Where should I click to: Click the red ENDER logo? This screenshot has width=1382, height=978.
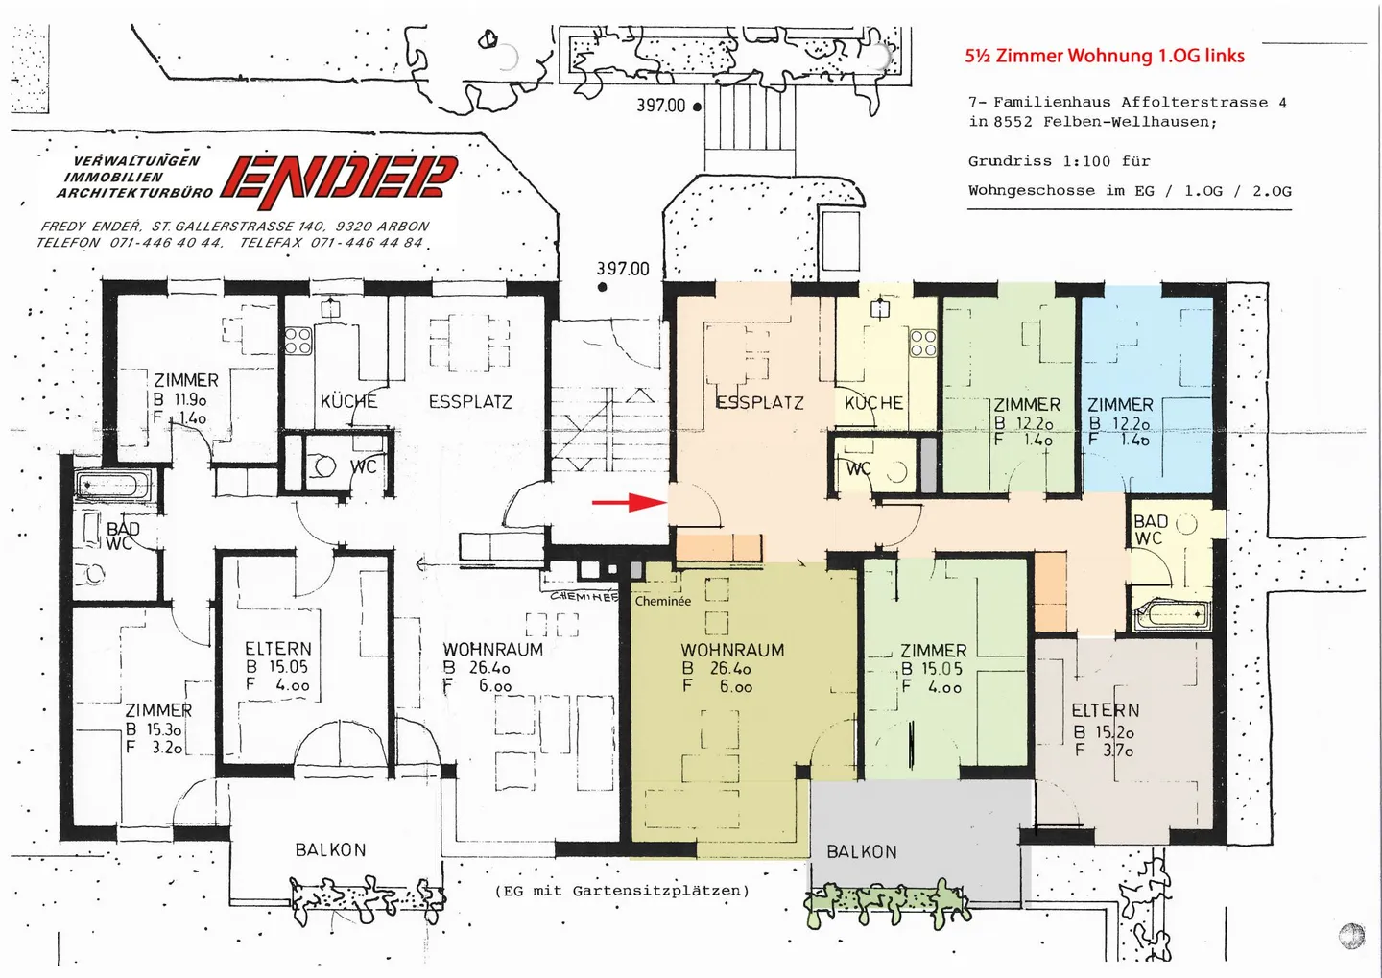point(340,180)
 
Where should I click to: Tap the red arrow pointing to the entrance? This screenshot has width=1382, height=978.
point(630,502)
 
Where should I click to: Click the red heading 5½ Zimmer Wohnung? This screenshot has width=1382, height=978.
point(1105,56)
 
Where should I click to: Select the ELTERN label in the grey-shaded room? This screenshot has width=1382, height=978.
point(1105,710)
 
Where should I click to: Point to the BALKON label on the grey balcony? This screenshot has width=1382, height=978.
point(862,851)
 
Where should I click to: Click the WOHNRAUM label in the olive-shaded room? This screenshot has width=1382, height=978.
point(732,650)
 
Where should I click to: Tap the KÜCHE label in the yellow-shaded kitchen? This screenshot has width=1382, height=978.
point(873,403)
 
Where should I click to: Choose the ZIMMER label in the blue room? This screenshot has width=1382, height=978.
point(1120,405)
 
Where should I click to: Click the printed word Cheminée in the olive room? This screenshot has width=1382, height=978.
point(663,601)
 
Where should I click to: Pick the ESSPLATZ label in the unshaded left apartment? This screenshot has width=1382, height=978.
point(470,402)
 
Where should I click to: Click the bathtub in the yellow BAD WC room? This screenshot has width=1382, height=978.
point(1170,614)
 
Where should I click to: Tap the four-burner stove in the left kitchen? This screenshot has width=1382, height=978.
point(298,341)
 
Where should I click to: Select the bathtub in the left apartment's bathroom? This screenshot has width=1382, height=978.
point(113,486)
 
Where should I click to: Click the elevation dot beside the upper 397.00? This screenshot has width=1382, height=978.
point(697,107)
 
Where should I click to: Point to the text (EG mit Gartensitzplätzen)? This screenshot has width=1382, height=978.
point(622,891)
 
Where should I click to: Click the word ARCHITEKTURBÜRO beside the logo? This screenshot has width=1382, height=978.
point(134,193)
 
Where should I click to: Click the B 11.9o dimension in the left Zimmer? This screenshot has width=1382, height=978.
point(179,400)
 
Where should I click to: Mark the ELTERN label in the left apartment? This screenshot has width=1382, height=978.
point(277,649)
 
